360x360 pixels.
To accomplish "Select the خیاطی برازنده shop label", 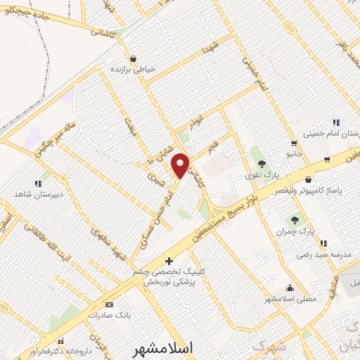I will pyautogui.click(x=132, y=70).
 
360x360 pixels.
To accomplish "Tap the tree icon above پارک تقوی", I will pyautogui.click(x=262, y=163).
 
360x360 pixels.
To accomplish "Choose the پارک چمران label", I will pyautogui.click(x=294, y=231).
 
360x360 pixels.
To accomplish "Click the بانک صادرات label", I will pyautogui.click(x=106, y=315).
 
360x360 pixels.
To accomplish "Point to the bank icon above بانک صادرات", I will pyautogui.click(x=108, y=304).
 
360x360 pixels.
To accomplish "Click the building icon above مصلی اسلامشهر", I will pyautogui.click(x=290, y=287).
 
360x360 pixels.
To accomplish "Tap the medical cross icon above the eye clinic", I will pyautogui.click(x=167, y=261).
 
